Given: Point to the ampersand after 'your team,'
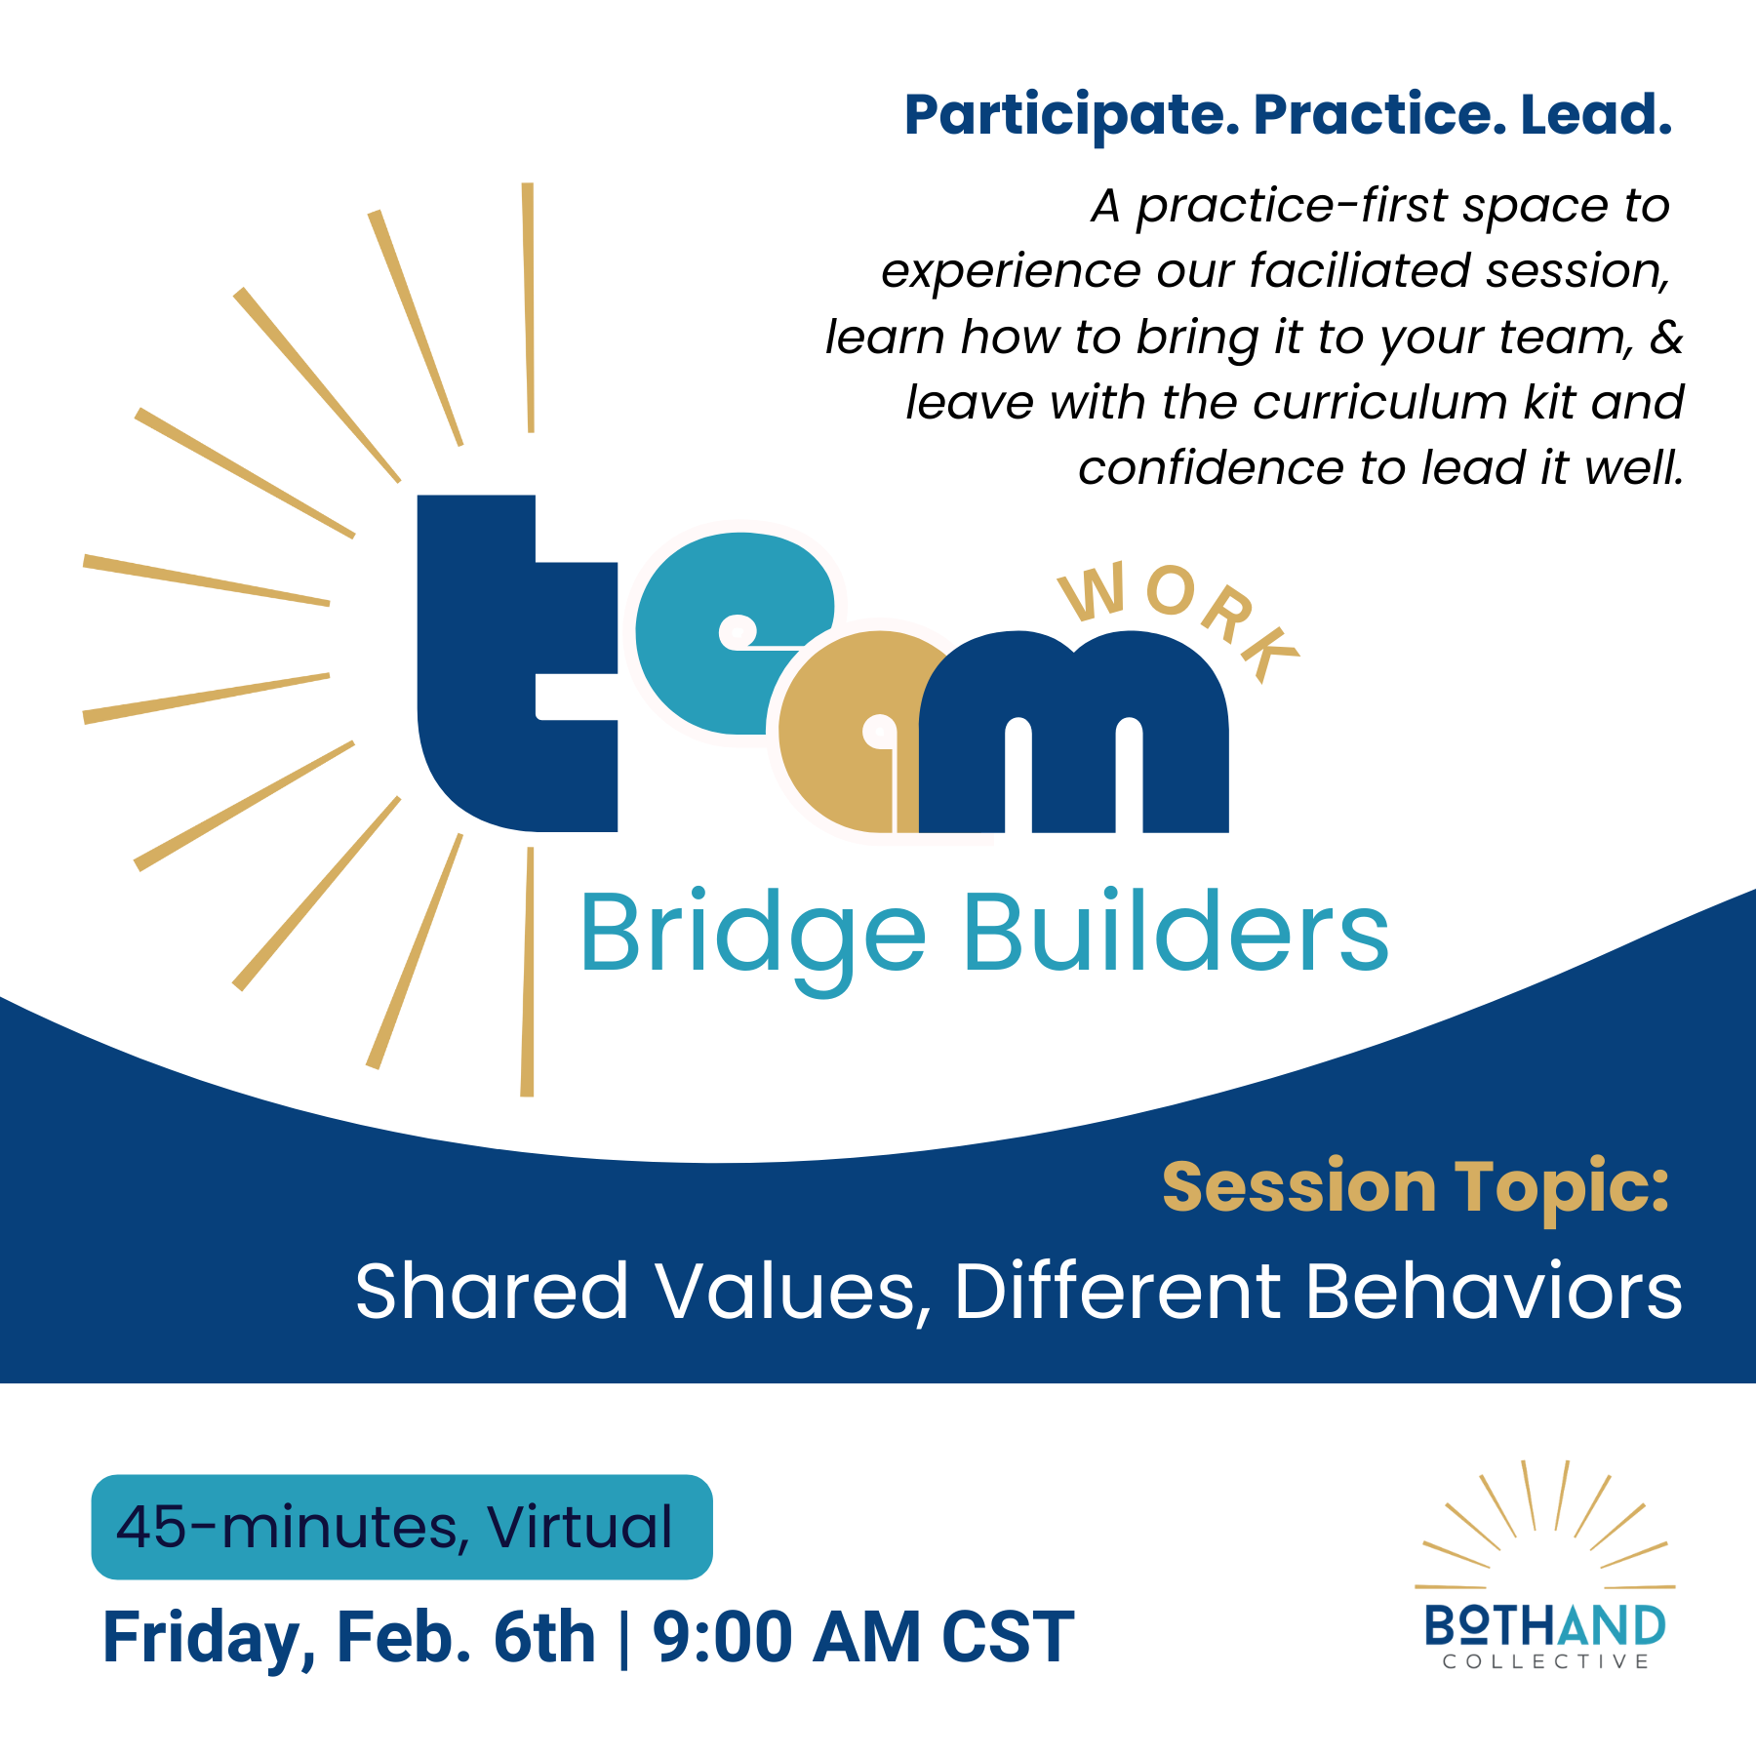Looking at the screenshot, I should pos(1666,338).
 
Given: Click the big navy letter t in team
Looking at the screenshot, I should pos(488,683).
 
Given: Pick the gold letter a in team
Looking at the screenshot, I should pos(839,741).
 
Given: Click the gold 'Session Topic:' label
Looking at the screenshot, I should pos(1416,1187).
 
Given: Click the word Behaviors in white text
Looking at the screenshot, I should pos(1494,1292).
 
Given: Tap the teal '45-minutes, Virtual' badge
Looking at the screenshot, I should pos(402,1527).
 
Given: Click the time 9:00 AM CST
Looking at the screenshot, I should pos(863,1638).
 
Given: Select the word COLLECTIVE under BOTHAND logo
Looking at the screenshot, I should pos(1546,1662).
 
